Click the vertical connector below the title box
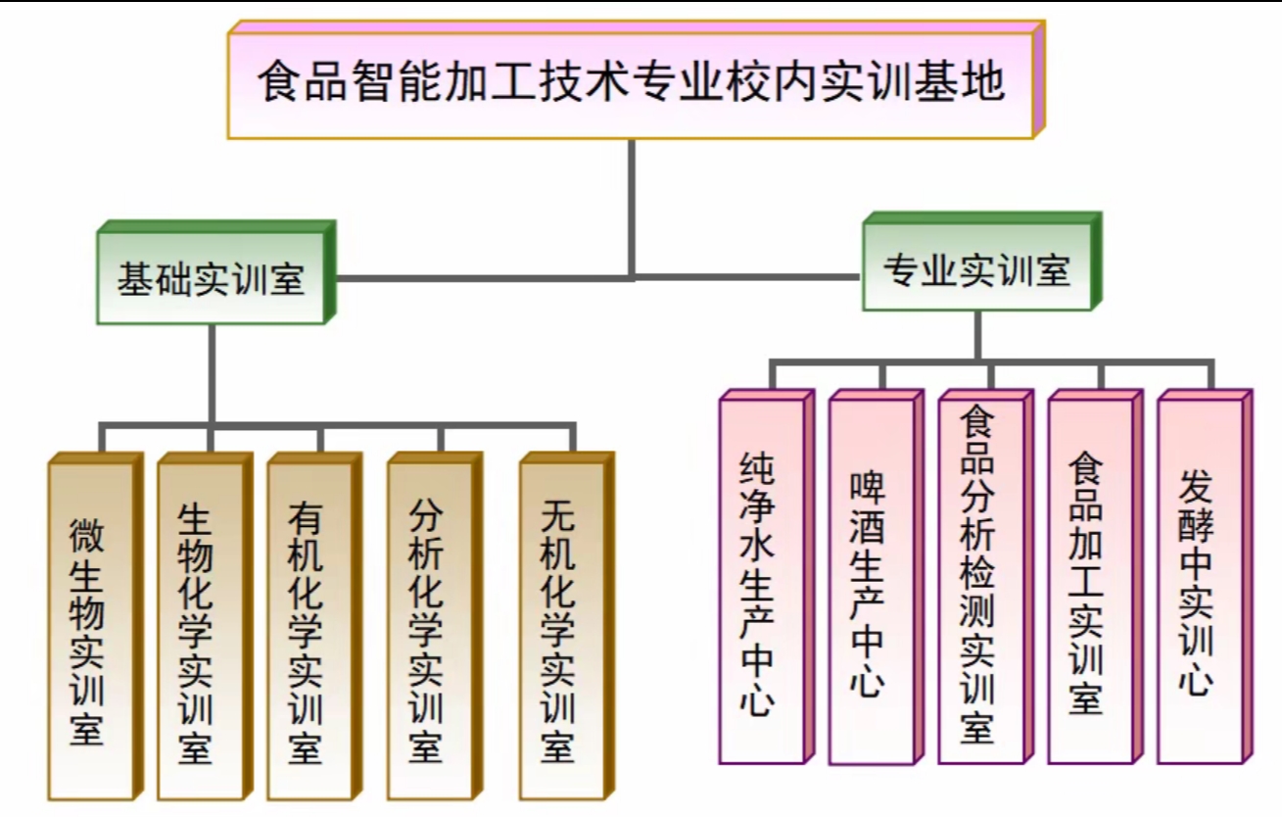click(632, 206)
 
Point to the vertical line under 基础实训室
click(212, 372)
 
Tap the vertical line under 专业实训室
click(976, 335)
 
